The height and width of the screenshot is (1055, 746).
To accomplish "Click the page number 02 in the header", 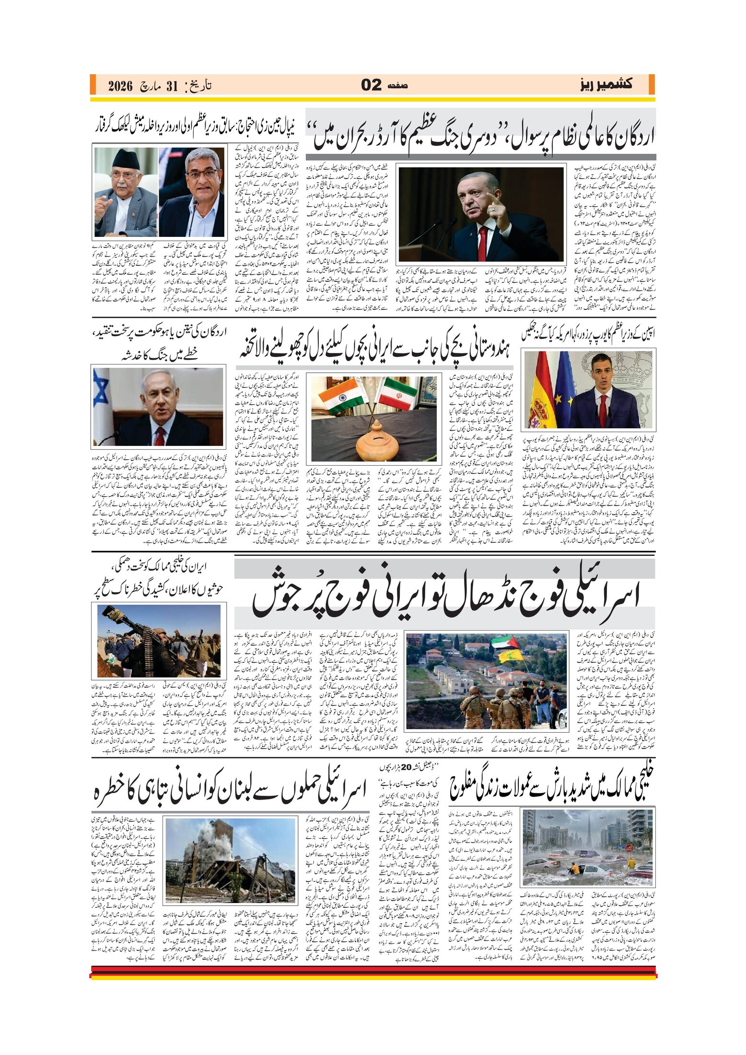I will point(371,85).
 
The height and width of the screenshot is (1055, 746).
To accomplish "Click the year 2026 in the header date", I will point(120,86).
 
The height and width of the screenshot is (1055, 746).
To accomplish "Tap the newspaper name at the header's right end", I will point(606,85).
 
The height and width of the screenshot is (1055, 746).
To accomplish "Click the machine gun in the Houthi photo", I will point(134,626).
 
